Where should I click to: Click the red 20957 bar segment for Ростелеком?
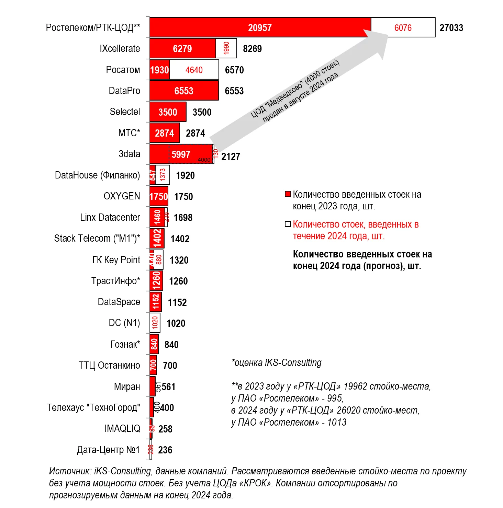coord(260,27)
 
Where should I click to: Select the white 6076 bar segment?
coord(403,27)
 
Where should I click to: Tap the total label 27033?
coord(451,28)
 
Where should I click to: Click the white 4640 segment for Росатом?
coord(194,70)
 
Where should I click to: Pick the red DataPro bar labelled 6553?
coord(184,91)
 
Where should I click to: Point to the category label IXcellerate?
coord(120,48)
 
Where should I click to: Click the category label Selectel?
coord(125,112)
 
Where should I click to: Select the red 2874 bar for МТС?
coord(164,133)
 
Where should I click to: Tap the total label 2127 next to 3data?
coord(231,157)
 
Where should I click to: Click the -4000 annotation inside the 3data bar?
coord(203,160)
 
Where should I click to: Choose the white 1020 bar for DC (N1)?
coord(155,323)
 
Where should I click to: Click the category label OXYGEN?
coord(122,196)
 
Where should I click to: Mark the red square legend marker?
coord(288,194)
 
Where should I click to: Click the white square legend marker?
coord(288,224)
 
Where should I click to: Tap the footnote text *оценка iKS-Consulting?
coord(277,362)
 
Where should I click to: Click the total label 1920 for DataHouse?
coord(185,175)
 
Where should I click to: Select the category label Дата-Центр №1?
coord(108,450)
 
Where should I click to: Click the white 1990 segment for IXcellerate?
coord(226,48)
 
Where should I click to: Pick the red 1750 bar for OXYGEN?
coord(159,196)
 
